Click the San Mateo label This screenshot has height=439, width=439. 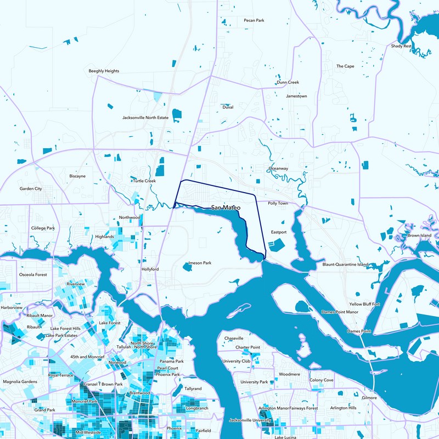(x=226, y=208)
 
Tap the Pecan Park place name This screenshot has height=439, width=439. (x=254, y=20)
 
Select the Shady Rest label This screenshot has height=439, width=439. (x=401, y=46)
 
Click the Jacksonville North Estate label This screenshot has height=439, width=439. (x=145, y=117)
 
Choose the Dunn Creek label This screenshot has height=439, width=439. (x=288, y=82)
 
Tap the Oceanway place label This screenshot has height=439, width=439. (x=278, y=168)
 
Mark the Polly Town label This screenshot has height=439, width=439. (x=278, y=203)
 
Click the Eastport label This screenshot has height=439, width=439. (x=279, y=232)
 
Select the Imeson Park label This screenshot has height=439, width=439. (x=200, y=263)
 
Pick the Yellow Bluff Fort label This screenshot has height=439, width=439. (x=364, y=303)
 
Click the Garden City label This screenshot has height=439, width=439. (x=31, y=188)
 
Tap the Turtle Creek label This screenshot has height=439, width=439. (x=144, y=181)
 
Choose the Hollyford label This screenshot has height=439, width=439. (x=150, y=269)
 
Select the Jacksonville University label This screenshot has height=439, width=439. (x=251, y=420)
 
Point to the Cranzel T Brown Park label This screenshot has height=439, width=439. (x=99, y=384)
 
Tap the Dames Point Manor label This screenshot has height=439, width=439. (x=340, y=312)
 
